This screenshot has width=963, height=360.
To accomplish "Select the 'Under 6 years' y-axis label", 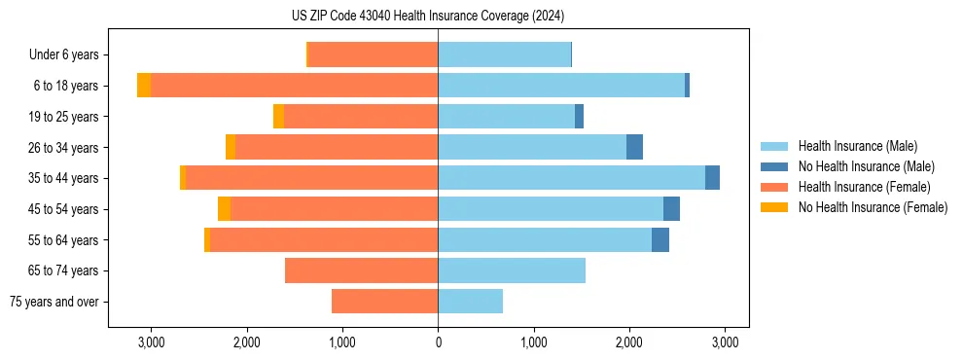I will (70, 55).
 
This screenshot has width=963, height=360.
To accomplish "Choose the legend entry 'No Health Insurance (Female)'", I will (873, 207).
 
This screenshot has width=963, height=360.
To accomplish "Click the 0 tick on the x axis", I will (438, 342).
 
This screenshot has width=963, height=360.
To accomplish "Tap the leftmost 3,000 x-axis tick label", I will (152, 342).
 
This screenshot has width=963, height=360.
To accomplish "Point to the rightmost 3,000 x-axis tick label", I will (724, 342).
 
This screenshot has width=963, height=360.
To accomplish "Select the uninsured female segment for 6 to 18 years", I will (144, 86).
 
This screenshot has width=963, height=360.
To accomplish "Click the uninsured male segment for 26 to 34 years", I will (634, 147).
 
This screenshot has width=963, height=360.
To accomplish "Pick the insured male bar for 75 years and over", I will (470, 302).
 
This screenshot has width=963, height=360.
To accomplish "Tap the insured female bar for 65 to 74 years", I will (361, 270).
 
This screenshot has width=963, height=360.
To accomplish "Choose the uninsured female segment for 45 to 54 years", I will (224, 209).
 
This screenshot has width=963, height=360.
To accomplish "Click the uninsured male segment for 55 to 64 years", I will (660, 239).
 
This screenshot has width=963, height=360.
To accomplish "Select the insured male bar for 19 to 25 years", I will (506, 117).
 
